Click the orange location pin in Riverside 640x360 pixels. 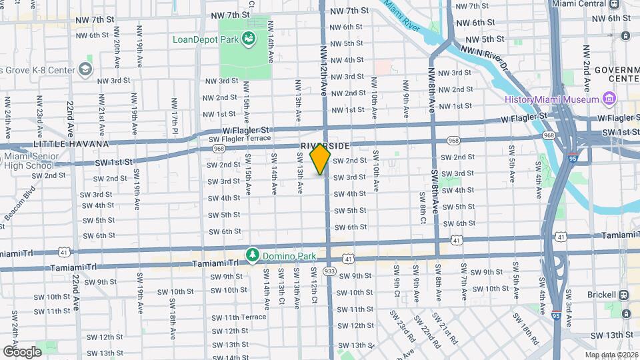tap(321, 160)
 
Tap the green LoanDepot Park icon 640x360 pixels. tap(249, 39)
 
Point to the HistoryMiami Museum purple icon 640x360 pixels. tap(608, 99)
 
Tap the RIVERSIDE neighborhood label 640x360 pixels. tap(325, 145)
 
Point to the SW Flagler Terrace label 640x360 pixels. tap(239, 139)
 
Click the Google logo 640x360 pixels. tap(22, 351)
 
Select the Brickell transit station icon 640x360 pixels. tap(625, 295)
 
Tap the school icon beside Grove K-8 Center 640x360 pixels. tap(85, 69)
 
